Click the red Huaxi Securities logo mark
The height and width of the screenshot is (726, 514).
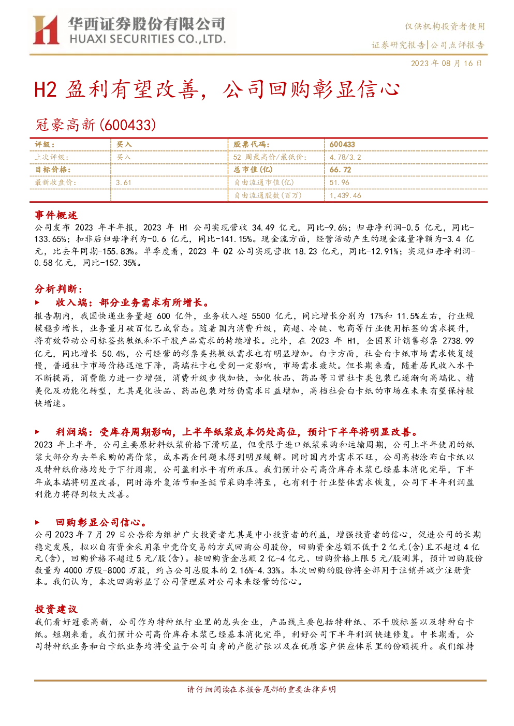pos(46,30)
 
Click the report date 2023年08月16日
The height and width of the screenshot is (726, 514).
pos(446,63)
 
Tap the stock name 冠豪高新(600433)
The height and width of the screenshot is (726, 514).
pos(95,125)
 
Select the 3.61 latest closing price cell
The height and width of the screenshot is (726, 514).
pos(124,183)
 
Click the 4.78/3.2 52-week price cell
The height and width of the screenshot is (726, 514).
pos(345,158)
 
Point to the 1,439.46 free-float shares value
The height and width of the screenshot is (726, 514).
pos(345,195)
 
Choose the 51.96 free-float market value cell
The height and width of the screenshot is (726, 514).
pos(340,183)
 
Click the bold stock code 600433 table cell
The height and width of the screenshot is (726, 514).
pos(342,145)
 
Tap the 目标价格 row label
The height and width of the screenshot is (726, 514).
pos(53,170)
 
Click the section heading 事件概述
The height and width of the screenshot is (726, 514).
pos(56,215)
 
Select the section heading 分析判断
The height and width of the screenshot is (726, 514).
pos(58,289)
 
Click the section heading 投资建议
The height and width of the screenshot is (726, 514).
pos(56,609)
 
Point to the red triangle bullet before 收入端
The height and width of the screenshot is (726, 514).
pos(37,303)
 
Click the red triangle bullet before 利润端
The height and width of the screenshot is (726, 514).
pos(37,432)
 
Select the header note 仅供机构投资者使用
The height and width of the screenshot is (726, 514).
pos(445,26)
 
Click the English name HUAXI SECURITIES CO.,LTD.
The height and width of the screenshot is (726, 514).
pos(148,39)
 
